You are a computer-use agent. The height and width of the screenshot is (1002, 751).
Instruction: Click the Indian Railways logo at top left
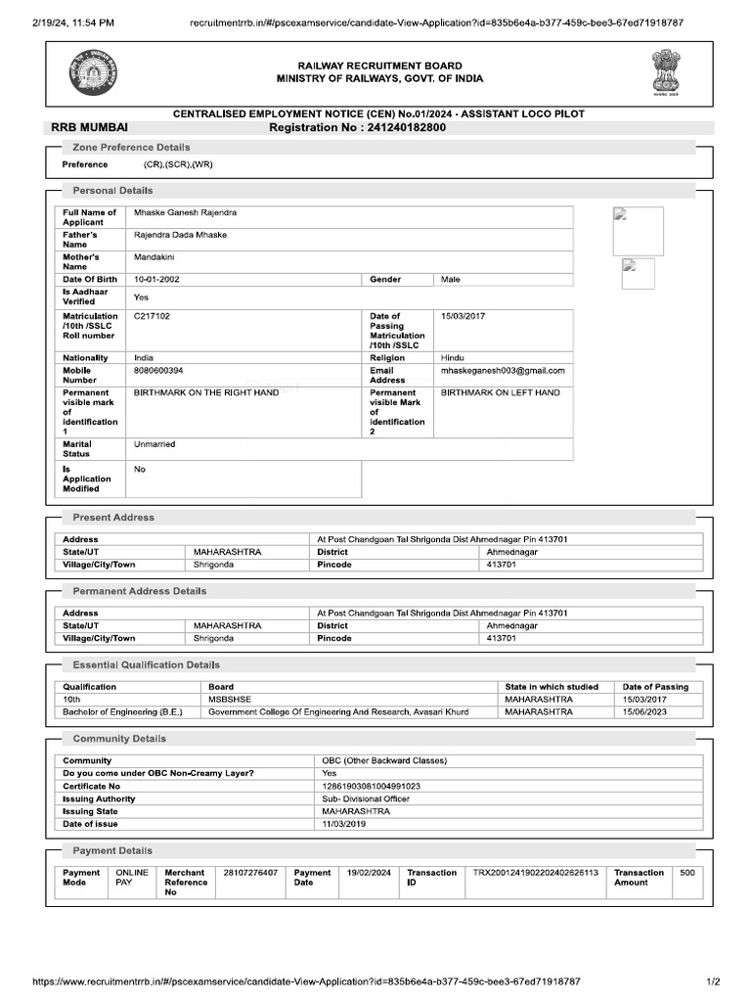90,74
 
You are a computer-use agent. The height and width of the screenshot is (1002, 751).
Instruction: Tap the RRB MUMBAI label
90,127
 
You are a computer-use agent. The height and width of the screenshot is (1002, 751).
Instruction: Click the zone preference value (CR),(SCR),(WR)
177,164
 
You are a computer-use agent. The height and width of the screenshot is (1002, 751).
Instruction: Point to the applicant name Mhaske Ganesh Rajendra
185,212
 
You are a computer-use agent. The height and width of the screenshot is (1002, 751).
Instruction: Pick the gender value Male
451,280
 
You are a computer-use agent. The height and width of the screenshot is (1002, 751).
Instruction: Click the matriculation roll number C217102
152,317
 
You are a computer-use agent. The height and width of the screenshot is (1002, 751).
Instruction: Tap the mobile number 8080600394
158,371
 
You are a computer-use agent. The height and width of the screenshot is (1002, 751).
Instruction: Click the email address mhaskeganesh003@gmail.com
503,371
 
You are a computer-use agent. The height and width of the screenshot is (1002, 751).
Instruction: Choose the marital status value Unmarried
155,444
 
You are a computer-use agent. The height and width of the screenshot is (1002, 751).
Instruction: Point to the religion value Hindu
453,358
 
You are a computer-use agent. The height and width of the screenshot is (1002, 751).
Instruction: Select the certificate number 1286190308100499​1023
372,786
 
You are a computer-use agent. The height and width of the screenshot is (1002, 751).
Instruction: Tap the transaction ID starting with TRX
535,872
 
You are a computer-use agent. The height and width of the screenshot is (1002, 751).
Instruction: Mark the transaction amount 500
687,872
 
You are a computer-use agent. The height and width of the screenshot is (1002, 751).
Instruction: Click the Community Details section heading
119,739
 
